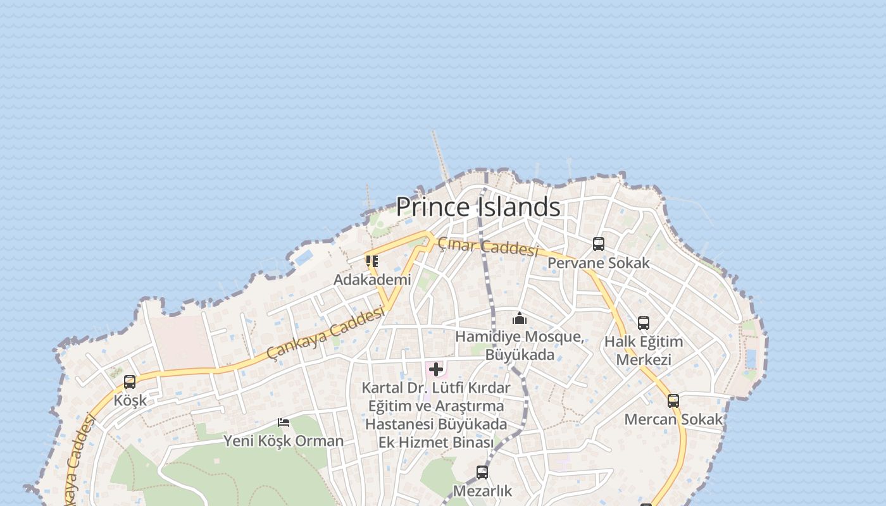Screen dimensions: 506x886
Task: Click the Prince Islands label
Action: pyautogui.click(x=478, y=207)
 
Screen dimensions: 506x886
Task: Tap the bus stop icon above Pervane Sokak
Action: pyautogui.click(x=599, y=244)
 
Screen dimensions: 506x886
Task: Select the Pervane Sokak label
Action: pyautogui.click(x=598, y=262)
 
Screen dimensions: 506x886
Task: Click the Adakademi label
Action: pyautogui.click(x=372, y=279)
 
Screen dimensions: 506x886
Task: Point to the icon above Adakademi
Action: pyautogui.click(x=372, y=261)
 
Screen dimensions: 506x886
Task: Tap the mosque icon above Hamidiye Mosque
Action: pyautogui.click(x=520, y=318)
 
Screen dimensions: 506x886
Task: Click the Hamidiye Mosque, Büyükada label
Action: pyautogui.click(x=520, y=345)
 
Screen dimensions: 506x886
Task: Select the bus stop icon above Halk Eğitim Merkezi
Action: pyautogui.click(x=644, y=323)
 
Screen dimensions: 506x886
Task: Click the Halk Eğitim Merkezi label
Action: pyautogui.click(x=644, y=350)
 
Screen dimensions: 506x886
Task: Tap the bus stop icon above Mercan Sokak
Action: pyautogui.click(x=673, y=400)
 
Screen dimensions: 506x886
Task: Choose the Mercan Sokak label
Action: pyautogui.click(x=673, y=419)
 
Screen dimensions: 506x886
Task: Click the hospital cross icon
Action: pyautogui.click(x=436, y=369)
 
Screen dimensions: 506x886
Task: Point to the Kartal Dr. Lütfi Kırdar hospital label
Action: pyautogui.click(x=436, y=414)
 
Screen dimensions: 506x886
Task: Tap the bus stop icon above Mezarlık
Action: pyautogui.click(x=482, y=472)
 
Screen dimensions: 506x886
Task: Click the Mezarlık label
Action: pyautogui.click(x=482, y=490)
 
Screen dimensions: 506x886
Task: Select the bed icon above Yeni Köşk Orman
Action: pyautogui.click(x=284, y=422)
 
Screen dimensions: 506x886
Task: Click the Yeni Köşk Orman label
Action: pyautogui.click(x=284, y=440)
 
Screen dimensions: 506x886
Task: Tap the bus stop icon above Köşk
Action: pyautogui.click(x=130, y=382)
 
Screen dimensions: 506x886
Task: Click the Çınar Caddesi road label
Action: pyautogui.click(x=488, y=246)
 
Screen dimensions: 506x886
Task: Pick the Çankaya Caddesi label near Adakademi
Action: pyautogui.click(x=325, y=333)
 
